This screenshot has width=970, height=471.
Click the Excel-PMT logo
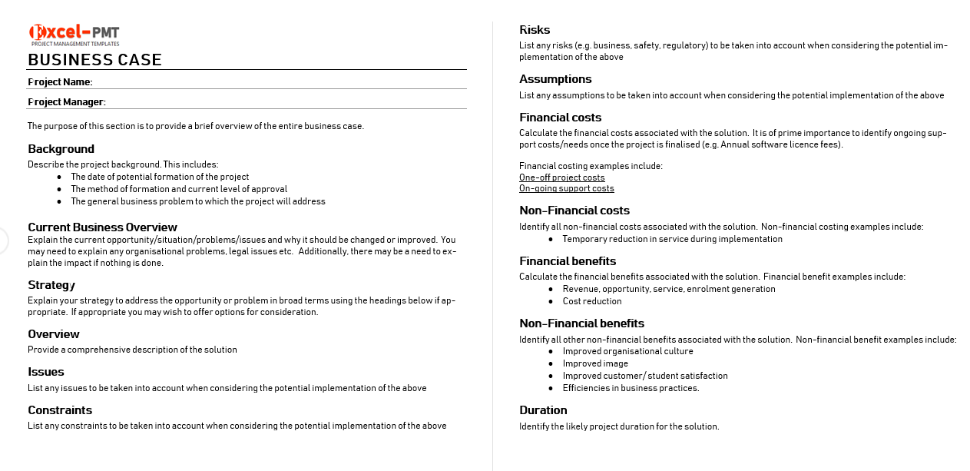pos(74,35)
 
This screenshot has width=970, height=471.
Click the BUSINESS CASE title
pos(95,60)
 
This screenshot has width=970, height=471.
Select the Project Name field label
pos(60,82)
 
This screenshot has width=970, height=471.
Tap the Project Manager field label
pos(67,102)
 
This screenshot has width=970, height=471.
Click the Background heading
pos(61,149)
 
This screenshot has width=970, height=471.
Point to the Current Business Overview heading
pos(102,227)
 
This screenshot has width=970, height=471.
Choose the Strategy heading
pos(51,285)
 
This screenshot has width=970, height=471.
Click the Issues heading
pos(46,372)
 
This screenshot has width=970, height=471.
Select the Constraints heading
pos(60,410)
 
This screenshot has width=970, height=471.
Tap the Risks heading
pos(535,30)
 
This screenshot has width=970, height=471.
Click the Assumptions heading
pos(555,79)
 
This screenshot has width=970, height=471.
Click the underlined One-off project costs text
pos(561,177)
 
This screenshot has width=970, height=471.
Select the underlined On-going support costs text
pos(566,188)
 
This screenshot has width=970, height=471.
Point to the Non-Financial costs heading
pos(574,211)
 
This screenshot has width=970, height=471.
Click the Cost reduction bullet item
pos(591,301)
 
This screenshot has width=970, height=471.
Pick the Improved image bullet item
pos(594,363)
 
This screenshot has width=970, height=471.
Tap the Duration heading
pos(543,410)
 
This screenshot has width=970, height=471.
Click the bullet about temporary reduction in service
pos(672,239)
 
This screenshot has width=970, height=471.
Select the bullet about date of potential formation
pos(160,177)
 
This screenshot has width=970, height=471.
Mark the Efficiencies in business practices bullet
pos(631,388)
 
